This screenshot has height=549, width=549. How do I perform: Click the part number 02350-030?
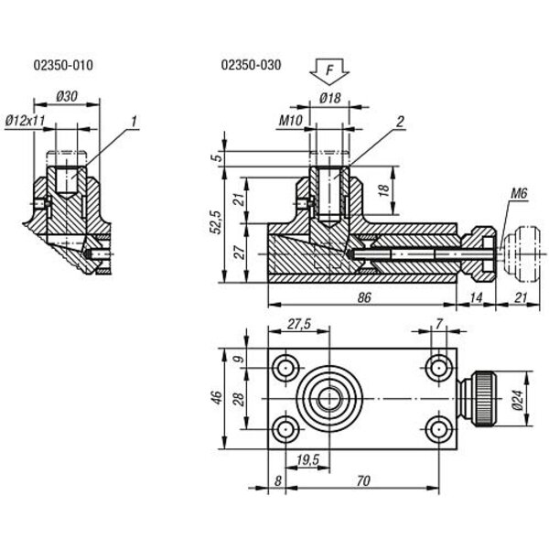point(251,65)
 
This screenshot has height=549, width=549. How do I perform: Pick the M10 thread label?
point(290,119)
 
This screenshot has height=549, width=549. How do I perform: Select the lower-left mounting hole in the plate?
point(285,428)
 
